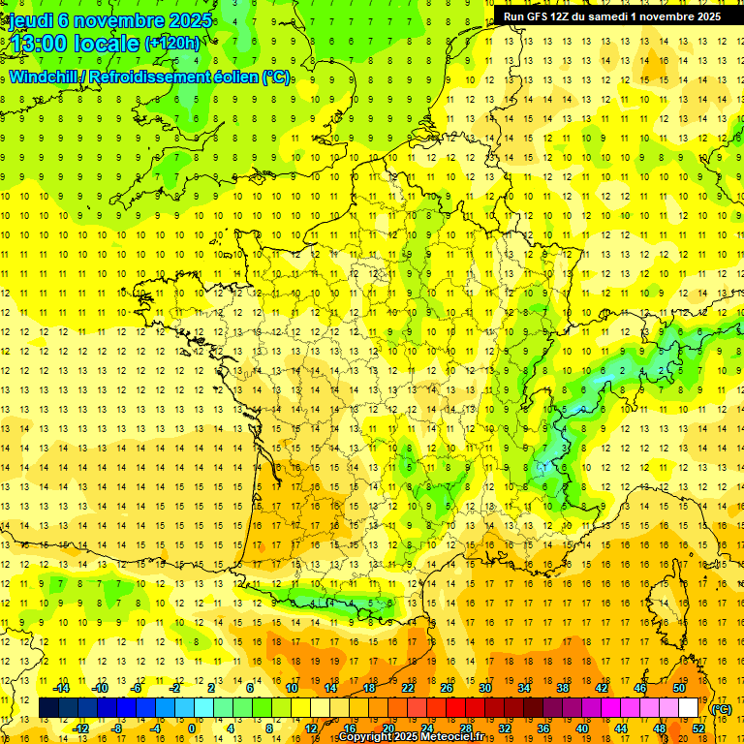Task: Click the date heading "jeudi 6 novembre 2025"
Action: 109,20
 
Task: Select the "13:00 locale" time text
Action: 74,45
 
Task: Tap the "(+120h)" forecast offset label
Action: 172,44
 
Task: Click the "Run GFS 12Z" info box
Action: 611,16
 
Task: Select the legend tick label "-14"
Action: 60,688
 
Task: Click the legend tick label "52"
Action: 697,728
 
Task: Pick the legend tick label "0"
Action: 192,728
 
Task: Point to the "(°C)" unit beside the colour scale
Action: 722,709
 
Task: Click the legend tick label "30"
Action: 484,688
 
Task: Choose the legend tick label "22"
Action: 408,688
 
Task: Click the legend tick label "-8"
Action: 117,728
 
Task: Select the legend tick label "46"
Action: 639,688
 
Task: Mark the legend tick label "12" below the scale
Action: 312,728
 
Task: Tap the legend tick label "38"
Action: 562,688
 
